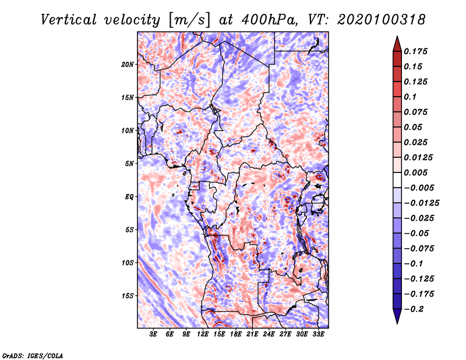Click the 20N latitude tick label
pyautogui.click(x=128, y=65)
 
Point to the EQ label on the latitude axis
pyautogui.click(x=129, y=197)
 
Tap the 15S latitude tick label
pyautogui.click(x=128, y=296)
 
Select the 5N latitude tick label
pyautogui.click(x=129, y=164)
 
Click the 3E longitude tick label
pyautogui.click(x=153, y=334)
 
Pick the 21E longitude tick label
pyautogui.click(x=252, y=334)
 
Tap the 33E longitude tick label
pyautogui.click(x=318, y=334)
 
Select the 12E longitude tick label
pyautogui.click(x=203, y=334)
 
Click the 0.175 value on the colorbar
pyautogui.click(x=415, y=51)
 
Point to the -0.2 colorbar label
pyautogui.click(x=414, y=309)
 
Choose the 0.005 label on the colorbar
pyautogui.click(x=415, y=172)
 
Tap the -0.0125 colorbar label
pyautogui.click(x=421, y=203)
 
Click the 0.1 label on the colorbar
pyautogui.click(x=410, y=97)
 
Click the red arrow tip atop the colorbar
pyautogui.click(x=397, y=37)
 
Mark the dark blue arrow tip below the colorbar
pyautogui.click(x=397, y=323)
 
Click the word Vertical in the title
pyautogui.click(x=68, y=20)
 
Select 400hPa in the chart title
pyautogui.click(x=270, y=20)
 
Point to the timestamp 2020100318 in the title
pyautogui.click(x=382, y=20)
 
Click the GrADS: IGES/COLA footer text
pyautogui.click(x=33, y=355)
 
